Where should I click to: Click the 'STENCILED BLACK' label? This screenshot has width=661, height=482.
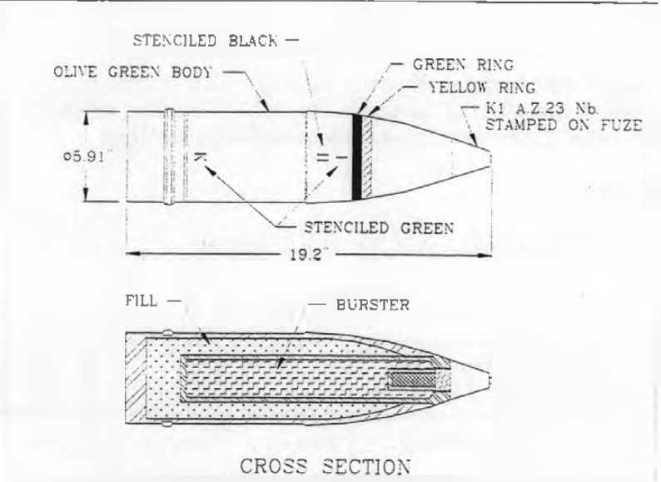[206, 41]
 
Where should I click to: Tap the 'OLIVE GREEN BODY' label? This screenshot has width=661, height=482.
[132, 72]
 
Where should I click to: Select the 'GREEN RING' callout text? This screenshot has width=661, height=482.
[463, 65]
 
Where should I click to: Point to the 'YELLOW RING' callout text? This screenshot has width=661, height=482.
[482, 87]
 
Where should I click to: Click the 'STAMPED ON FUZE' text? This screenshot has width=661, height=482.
[564, 125]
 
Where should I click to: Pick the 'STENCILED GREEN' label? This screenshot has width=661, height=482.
[379, 228]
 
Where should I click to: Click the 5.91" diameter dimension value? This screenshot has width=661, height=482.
[83, 157]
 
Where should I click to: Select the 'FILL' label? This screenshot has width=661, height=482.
[142, 301]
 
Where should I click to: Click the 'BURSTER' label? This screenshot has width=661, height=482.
[373, 305]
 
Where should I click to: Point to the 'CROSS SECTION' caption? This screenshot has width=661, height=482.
[325, 467]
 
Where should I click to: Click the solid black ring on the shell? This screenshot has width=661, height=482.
[357, 157]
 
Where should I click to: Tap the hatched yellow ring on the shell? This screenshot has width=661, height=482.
[367, 157]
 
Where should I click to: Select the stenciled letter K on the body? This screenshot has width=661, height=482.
[199, 157]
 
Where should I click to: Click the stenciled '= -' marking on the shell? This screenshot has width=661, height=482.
[332, 157]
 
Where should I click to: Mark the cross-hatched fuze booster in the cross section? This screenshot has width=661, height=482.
[412, 380]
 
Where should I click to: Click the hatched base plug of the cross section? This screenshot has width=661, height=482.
[137, 378]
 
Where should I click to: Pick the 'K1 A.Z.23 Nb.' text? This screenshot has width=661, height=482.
[542, 109]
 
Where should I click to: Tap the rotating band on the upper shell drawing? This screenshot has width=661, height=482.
[169, 157]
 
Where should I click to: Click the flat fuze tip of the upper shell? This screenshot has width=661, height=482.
[490, 158]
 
